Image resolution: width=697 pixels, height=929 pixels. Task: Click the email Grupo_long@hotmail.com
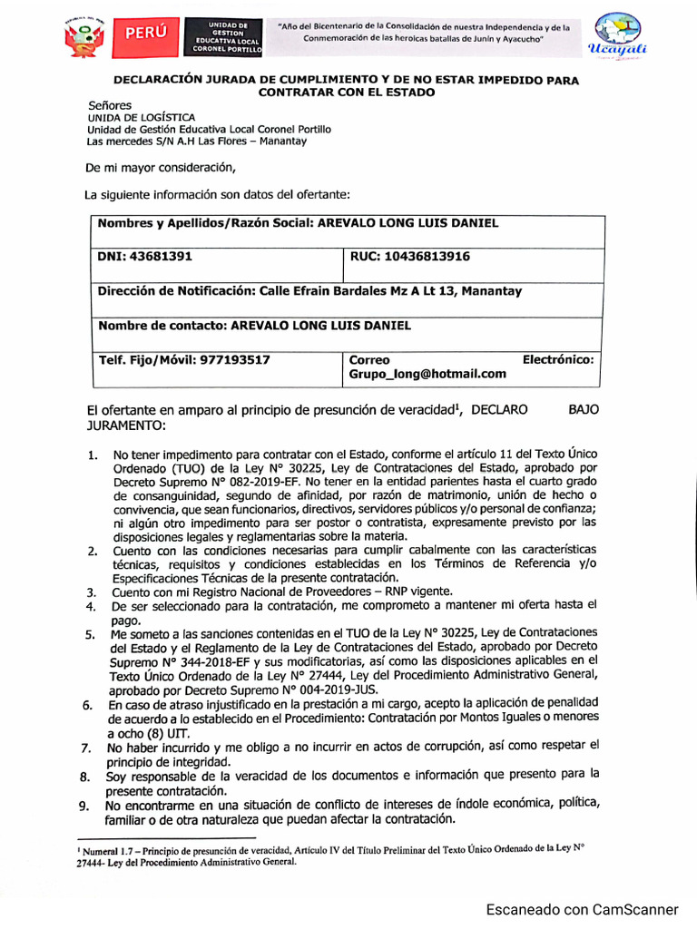[x=427, y=374]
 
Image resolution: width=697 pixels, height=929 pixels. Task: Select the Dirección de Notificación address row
[x=309, y=291]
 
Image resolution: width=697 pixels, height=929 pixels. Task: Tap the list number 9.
[x=83, y=807]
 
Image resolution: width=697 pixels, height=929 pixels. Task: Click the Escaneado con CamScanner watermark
[x=582, y=910]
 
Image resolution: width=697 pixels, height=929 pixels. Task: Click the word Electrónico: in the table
[x=558, y=359]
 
